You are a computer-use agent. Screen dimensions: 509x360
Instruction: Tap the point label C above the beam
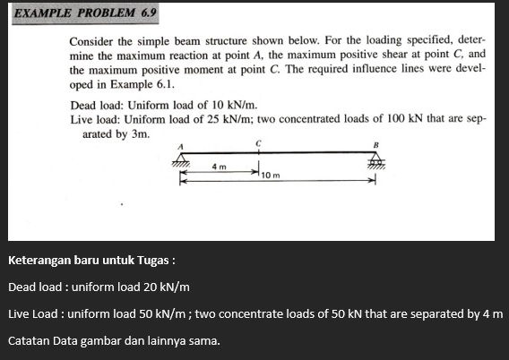[258, 141]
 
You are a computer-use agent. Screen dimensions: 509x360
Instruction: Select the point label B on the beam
[376, 145]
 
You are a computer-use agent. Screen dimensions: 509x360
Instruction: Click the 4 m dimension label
[219, 167]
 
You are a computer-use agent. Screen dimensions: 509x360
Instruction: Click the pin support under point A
[182, 159]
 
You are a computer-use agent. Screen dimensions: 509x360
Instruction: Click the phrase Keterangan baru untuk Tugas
[90, 261]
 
